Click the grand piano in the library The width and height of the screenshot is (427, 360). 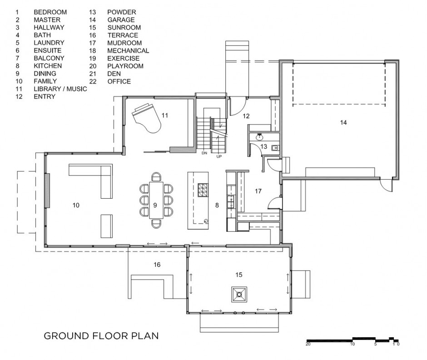pos(146,118)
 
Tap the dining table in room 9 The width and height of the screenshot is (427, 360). pos(156,200)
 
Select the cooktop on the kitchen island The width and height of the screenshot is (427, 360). pos(202,190)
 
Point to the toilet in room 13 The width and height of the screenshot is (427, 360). pos(275,148)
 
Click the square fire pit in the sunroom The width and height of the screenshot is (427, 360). pos(239,295)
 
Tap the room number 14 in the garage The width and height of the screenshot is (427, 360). pos(343,123)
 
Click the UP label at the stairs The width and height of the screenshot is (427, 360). pos(219,156)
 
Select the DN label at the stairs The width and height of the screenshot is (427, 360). pos(204,153)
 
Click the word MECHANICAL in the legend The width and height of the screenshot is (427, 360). pos(128,51)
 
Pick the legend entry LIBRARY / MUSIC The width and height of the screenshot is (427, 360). pos(60,89)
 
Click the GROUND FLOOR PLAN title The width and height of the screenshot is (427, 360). pos(101,336)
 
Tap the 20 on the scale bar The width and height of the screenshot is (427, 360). pos(308,344)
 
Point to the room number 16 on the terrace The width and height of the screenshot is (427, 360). pos(157,265)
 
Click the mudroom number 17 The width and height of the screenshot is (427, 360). pos(258,191)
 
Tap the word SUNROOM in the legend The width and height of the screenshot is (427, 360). pos(124,28)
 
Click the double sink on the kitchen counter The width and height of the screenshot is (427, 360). pos(231,201)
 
